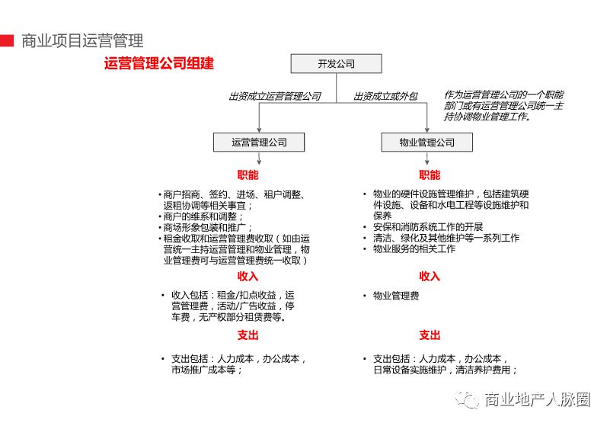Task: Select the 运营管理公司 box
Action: pyautogui.click(x=259, y=143)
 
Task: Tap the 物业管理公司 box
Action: pyautogui.click(x=426, y=143)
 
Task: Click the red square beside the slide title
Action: pyautogui.click(x=6, y=40)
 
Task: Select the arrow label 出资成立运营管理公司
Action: pyautogui.click(x=274, y=97)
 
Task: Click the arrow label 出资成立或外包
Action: pyautogui.click(x=386, y=97)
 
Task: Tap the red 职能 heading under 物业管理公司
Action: pyautogui.click(x=430, y=175)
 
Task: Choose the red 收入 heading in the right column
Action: pyautogui.click(x=430, y=276)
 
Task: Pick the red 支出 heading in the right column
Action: pyautogui.click(x=430, y=335)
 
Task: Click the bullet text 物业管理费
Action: pyautogui.click(x=395, y=296)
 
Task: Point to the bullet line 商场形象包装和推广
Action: pyautogui.click(x=204, y=227)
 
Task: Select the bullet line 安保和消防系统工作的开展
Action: pyautogui.click(x=428, y=227)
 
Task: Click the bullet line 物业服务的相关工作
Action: pyautogui.click(x=414, y=248)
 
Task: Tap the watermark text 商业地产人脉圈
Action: pyautogui.click(x=538, y=399)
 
